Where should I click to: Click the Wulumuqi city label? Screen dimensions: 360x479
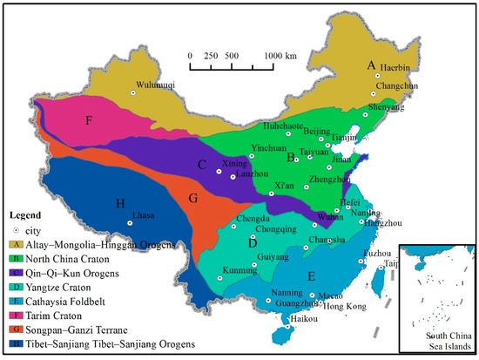pos(156,85)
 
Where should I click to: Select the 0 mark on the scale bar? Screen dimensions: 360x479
pos(190,55)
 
